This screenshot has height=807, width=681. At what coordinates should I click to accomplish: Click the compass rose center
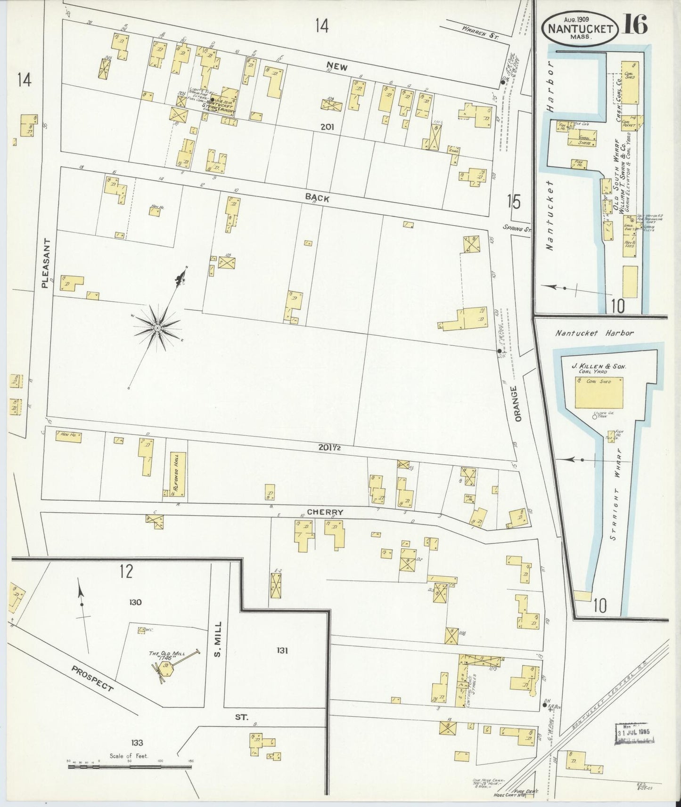coord(157,327)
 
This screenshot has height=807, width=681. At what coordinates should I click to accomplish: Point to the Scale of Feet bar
coord(130,767)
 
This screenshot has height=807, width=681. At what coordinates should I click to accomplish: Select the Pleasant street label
coord(46,262)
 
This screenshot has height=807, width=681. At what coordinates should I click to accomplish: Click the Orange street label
coord(518,404)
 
